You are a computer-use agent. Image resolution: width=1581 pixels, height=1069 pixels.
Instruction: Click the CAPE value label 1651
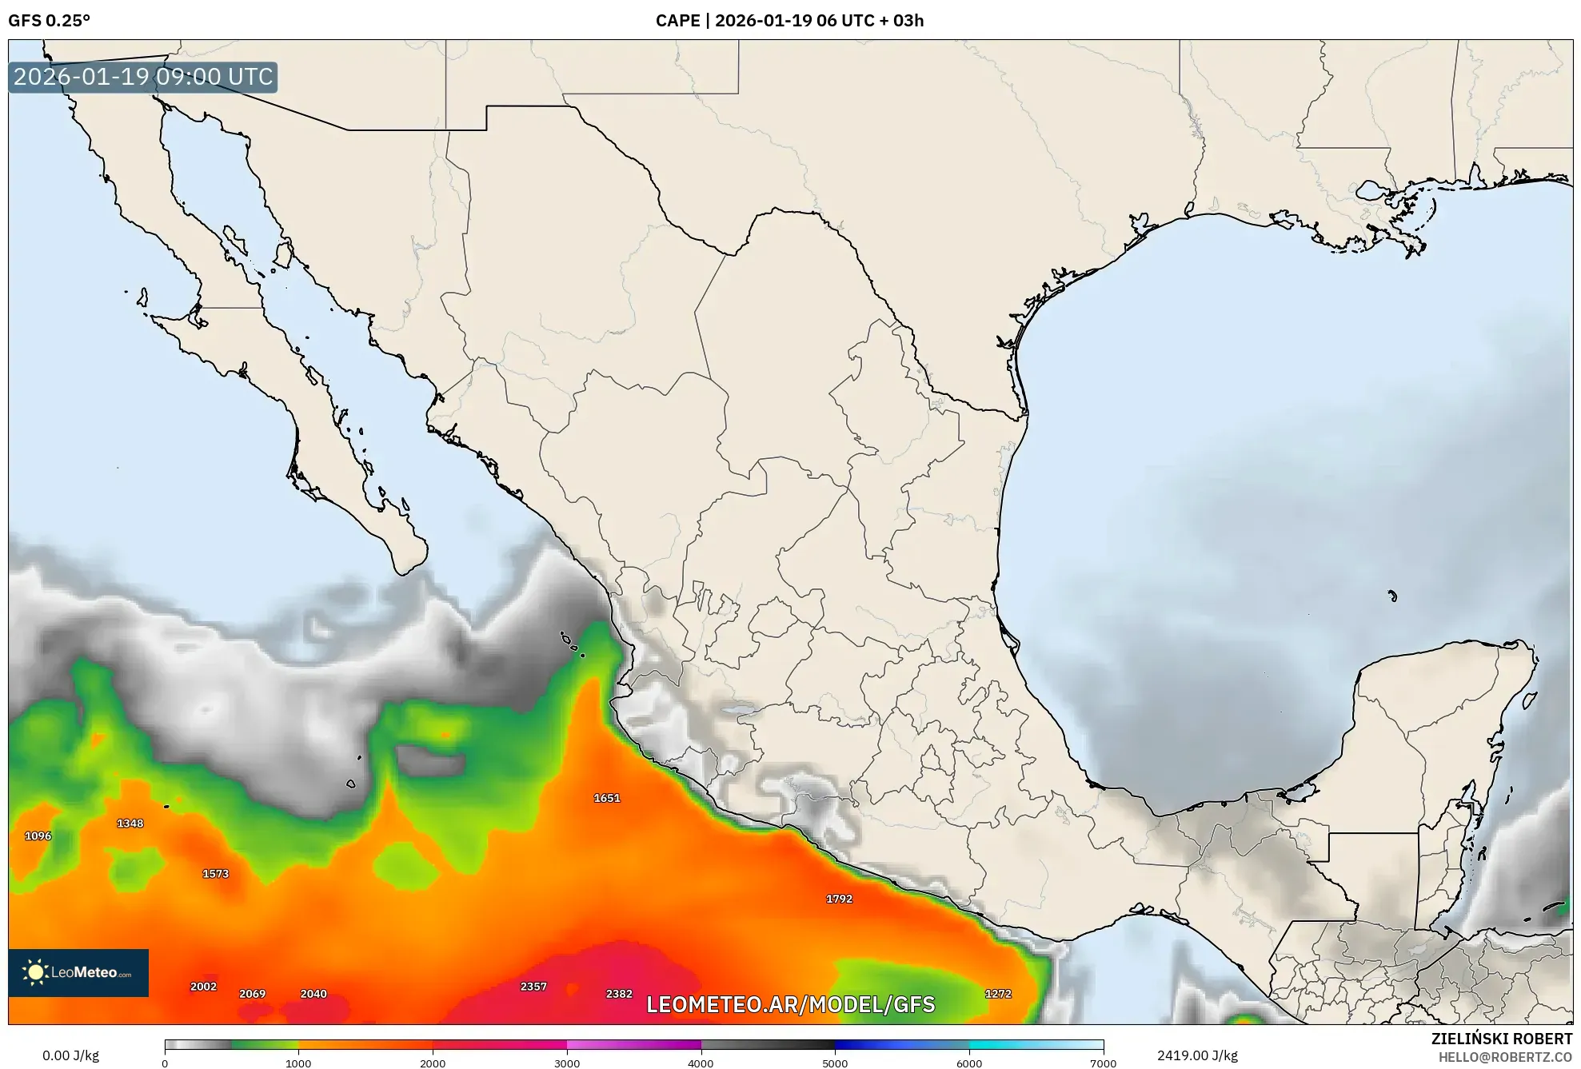click(607, 798)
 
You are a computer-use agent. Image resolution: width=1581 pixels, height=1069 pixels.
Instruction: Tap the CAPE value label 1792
click(839, 899)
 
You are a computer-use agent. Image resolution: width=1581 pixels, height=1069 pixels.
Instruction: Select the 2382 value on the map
click(619, 994)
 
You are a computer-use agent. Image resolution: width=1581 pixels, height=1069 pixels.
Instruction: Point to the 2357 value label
click(533, 987)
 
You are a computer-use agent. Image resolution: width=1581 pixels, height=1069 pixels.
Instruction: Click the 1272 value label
click(998, 994)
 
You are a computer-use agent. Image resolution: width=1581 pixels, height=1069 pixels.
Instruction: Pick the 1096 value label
click(38, 836)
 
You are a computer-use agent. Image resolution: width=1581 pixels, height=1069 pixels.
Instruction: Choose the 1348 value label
click(130, 824)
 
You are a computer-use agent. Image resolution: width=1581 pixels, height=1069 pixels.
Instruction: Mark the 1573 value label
click(216, 874)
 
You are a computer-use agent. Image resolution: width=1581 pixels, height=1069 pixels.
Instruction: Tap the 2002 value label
click(203, 987)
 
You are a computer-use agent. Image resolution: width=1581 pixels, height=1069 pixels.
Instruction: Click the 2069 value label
click(253, 994)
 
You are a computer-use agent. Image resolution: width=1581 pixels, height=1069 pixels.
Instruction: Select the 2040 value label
click(313, 994)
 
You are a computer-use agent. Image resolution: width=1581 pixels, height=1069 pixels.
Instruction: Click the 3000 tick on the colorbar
click(567, 1063)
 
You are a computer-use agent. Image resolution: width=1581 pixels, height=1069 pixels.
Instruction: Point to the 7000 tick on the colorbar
click(1103, 1063)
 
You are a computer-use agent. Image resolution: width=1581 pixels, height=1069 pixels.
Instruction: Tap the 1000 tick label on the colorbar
click(298, 1063)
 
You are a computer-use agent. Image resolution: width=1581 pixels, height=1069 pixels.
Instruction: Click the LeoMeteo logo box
click(78, 973)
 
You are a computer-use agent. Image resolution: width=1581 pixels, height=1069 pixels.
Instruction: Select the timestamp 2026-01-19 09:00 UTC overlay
click(143, 77)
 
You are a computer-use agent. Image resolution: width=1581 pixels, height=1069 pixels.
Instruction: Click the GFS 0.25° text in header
click(50, 21)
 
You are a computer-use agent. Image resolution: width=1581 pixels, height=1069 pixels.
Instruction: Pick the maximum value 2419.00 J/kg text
click(1197, 1055)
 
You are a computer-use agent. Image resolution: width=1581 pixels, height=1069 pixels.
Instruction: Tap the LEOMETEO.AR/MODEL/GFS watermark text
click(790, 1004)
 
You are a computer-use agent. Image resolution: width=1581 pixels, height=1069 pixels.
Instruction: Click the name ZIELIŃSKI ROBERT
click(1501, 1039)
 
